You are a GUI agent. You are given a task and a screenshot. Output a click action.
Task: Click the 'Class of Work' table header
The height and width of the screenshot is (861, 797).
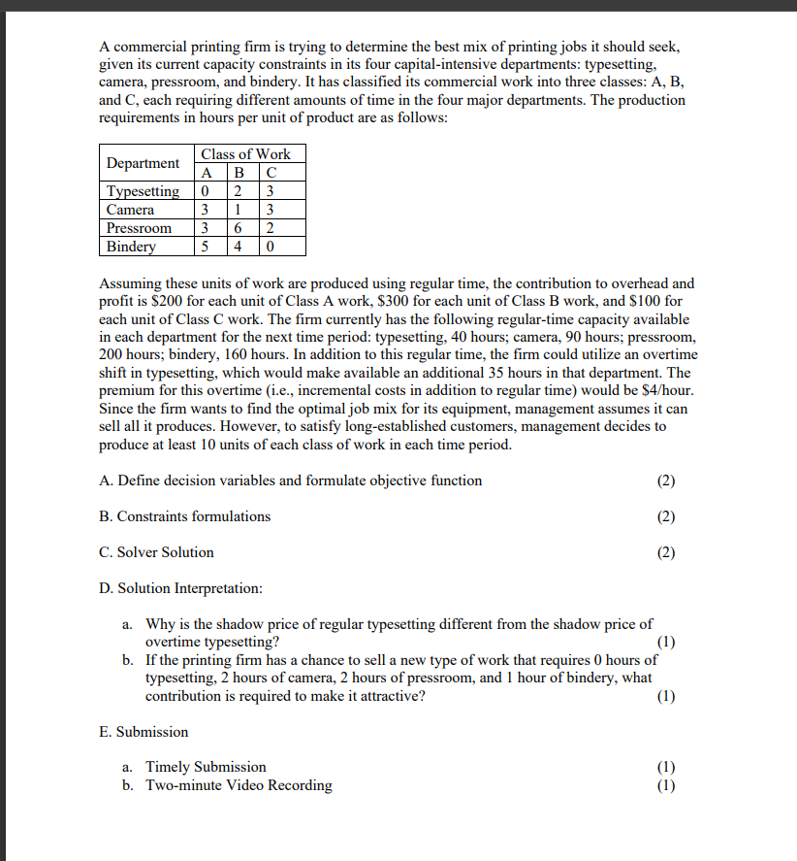click(245, 154)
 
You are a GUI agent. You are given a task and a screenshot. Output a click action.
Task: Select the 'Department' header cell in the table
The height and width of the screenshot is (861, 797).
click(143, 163)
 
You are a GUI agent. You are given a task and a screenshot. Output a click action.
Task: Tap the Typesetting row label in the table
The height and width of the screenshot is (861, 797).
click(143, 191)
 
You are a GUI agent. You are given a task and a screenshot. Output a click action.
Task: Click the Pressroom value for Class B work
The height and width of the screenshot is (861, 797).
click(240, 228)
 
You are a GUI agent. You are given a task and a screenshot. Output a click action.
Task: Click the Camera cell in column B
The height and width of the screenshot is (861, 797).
click(240, 210)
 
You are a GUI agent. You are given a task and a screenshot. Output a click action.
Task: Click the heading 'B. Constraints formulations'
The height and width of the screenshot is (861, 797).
click(185, 516)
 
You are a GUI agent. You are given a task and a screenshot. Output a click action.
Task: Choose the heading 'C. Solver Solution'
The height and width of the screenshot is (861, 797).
click(156, 552)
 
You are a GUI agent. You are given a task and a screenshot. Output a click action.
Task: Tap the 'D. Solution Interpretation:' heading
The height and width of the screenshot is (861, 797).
click(180, 588)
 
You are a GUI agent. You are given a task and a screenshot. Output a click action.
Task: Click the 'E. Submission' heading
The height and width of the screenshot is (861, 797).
click(143, 732)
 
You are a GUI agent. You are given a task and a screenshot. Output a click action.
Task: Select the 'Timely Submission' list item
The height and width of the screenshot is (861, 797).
click(206, 767)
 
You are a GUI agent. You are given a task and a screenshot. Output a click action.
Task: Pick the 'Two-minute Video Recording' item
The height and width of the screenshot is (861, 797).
click(239, 785)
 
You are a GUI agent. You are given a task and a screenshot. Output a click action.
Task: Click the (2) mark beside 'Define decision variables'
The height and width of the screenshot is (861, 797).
click(665, 480)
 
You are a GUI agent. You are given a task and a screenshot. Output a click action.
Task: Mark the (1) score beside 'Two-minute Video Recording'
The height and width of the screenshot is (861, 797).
click(665, 785)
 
